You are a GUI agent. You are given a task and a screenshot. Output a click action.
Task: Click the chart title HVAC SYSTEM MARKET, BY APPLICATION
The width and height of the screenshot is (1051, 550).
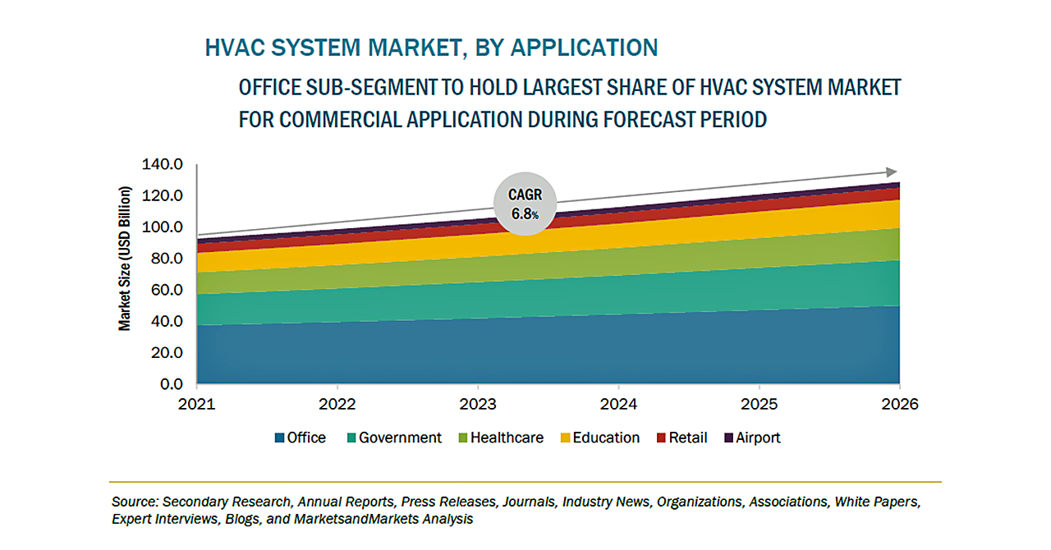431,48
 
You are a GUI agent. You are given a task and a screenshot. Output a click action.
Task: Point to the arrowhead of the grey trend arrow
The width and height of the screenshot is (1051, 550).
892,172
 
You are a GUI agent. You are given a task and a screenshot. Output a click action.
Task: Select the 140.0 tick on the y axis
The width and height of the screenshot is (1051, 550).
161,165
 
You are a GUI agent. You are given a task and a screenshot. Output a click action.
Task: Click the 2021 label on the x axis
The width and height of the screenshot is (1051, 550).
197,405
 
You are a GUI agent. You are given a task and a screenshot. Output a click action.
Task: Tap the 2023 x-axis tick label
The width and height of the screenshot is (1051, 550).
478,405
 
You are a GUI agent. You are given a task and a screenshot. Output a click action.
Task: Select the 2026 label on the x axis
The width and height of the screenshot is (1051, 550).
900,405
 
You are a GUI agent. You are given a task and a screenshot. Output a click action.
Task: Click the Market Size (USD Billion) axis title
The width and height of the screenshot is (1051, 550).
125,259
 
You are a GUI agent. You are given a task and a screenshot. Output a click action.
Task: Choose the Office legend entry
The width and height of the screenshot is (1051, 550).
301,438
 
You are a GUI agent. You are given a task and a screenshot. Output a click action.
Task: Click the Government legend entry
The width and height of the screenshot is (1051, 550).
393,438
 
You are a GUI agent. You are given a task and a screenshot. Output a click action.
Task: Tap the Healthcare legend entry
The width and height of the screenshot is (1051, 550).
500,438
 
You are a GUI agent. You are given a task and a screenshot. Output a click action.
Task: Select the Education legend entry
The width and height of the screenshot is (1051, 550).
599,438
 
